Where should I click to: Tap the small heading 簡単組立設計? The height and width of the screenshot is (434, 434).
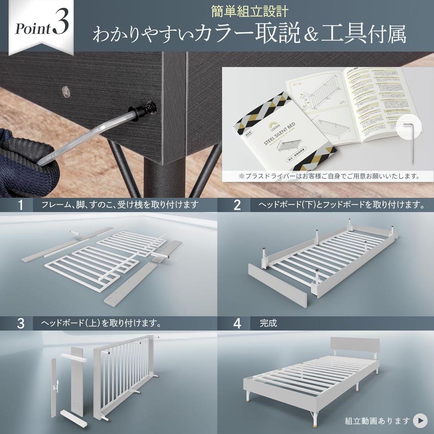249,11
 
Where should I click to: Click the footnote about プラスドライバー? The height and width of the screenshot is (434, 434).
328,176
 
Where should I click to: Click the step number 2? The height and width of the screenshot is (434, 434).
237,205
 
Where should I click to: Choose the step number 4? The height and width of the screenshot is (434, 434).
237,323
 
